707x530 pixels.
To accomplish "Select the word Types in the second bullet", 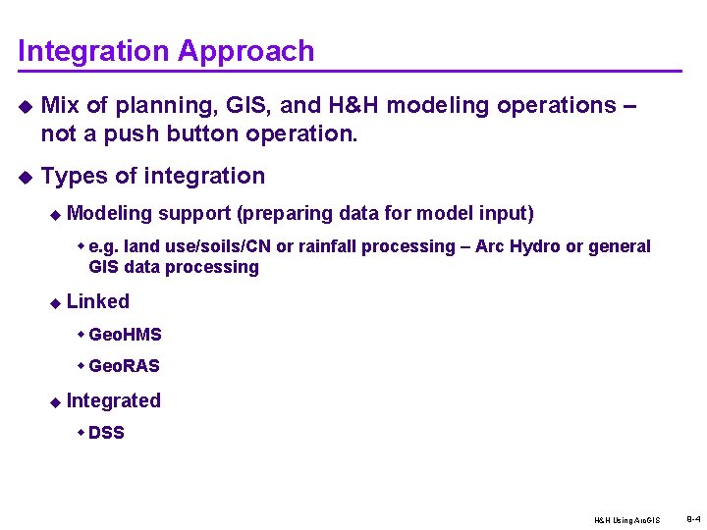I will (x=75, y=177).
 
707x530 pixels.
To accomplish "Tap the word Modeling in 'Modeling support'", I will (x=110, y=213).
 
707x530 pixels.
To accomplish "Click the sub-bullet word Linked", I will (x=98, y=301).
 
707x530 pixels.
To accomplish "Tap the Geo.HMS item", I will (x=125, y=335).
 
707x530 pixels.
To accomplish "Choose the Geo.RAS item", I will (x=124, y=366).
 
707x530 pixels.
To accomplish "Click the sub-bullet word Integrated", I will (x=114, y=400).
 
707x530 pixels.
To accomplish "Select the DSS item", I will (x=106, y=433).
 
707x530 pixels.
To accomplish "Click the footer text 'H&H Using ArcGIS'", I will (x=626, y=520).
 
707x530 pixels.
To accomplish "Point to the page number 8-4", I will (x=692, y=517).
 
